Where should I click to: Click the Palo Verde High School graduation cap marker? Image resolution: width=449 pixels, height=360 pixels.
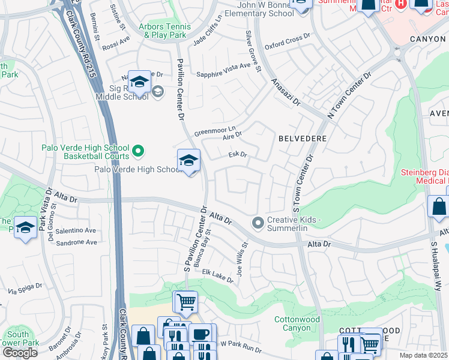(189, 161)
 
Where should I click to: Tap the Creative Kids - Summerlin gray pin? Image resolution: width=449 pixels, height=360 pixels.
(258, 223)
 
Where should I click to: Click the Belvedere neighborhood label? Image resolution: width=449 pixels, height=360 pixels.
(303, 139)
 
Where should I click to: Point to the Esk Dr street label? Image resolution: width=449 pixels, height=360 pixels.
(238, 155)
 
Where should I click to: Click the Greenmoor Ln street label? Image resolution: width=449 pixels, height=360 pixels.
(214, 130)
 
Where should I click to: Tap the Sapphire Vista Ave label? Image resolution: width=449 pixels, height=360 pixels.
(223, 74)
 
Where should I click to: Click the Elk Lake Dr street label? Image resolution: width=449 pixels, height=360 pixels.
(217, 277)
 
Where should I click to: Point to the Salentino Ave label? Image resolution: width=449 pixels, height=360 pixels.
(77, 230)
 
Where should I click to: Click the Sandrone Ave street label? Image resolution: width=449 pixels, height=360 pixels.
(77, 242)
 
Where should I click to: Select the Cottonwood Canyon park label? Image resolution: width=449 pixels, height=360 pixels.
(297, 324)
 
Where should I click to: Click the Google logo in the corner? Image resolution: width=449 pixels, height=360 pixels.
(20, 353)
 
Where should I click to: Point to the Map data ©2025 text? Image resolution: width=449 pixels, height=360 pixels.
(423, 355)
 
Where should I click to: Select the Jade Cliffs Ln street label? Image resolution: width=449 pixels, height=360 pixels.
(208, 38)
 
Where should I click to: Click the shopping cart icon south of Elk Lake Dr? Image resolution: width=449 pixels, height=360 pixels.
(185, 302)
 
